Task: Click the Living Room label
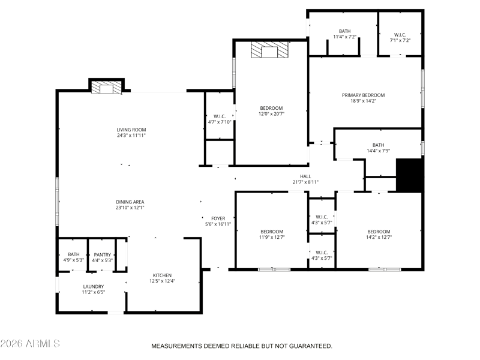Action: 131,130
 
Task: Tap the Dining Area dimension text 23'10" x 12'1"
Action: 130,208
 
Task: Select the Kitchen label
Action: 162,275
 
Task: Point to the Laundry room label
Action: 94,287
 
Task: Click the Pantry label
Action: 102,254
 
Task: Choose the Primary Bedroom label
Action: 364,95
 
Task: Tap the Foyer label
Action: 218,218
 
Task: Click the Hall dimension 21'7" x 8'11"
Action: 305,182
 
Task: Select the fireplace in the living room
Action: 107,87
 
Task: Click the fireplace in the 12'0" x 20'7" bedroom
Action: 269,50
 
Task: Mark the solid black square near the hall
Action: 410,175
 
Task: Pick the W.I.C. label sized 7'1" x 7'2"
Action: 400,35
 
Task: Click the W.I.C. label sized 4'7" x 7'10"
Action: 220,116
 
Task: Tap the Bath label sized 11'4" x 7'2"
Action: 344,31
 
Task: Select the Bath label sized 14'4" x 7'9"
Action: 379,145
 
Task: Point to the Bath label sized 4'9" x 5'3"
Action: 73,254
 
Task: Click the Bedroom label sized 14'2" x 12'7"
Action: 379,232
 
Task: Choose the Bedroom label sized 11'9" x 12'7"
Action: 272,232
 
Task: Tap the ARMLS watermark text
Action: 43,343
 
